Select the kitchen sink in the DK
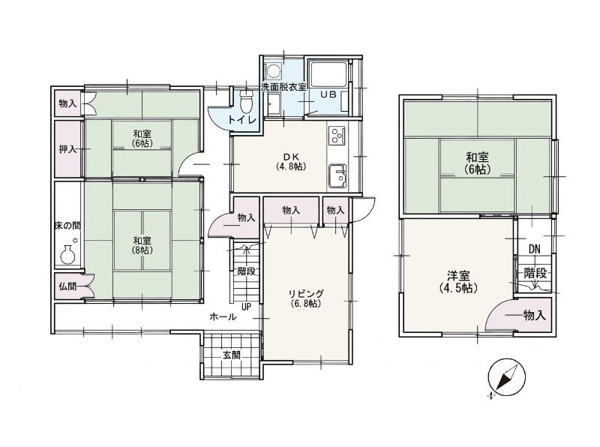point(337,176)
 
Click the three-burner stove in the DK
point(337,136)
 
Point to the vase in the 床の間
point(68,254)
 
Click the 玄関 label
point(232,355)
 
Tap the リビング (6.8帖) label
point(305,298)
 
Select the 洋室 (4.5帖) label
point(458,282)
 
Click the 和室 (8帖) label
point(142,245)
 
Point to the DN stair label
point(535,250)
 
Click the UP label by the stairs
point(246,307)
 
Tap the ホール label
point(223,317)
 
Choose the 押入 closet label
point(67,148)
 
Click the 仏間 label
point(67,286)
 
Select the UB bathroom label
point(328,94)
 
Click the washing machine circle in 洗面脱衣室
point(274,71)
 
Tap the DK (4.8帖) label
point(291,161)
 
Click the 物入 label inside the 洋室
point(534,315)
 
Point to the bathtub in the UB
point(328,73)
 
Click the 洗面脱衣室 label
point(283,86)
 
